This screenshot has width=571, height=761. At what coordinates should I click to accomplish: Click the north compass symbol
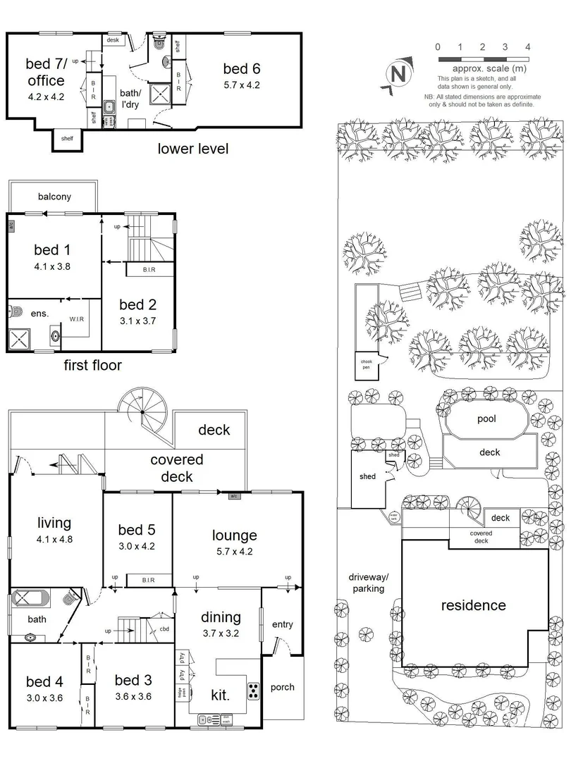(x=397, y=74)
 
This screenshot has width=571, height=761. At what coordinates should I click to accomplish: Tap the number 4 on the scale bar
(x=527, y=47)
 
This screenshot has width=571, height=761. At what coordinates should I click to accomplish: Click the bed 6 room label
(x=241, y=68)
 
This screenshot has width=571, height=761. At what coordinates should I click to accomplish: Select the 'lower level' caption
(x=192, y=149)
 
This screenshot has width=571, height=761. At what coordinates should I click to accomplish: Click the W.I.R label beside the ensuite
(x=77, y=319)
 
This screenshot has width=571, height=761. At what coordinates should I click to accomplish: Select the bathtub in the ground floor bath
(x=30, y=600)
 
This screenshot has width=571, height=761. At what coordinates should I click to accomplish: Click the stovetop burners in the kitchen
(x=253, y=691)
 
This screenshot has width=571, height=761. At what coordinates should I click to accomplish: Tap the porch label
(x=282, y=687)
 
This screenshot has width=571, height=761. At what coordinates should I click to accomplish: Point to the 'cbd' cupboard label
(x=164, y=629)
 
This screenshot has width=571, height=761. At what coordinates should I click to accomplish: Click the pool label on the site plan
(x=486, y=419)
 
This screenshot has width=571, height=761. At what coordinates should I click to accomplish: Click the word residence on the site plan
(x=473, y=605)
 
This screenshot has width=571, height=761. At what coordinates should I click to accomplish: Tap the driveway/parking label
(x=368, y=582)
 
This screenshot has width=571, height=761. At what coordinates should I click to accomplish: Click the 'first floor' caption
(x=92, y=365)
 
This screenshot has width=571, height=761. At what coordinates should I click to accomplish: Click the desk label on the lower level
(x=113, y=41)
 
